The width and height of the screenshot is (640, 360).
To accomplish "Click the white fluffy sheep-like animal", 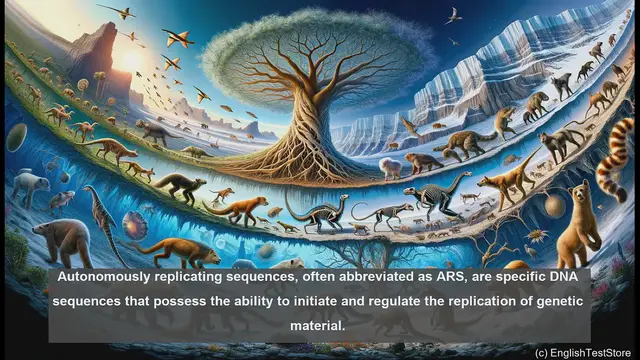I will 390,168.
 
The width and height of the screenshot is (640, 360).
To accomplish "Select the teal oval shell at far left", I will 15,136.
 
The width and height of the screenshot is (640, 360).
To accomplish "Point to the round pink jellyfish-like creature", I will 134,222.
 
